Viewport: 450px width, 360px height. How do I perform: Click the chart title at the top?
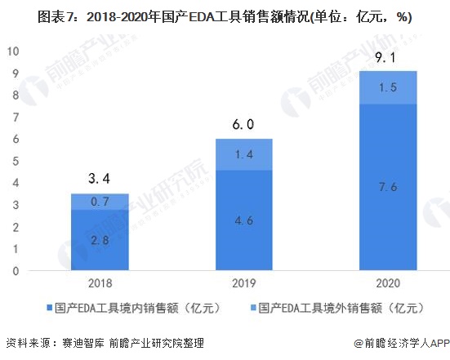click(x=225, y=17)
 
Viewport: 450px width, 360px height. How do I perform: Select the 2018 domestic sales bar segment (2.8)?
click(x=100, y=240)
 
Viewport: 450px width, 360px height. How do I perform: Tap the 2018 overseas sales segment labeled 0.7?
click(x=100, y=202)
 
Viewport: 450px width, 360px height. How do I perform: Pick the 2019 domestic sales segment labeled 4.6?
click(x=244, y=220)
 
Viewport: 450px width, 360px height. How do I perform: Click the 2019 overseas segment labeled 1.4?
click(x=244, y=154)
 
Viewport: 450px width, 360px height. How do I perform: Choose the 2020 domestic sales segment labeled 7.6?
click(x=388, y=187)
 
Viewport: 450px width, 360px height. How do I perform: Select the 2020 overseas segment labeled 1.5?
click(x=388, y=87)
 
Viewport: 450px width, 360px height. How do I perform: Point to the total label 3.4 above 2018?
click(x=100, y=179)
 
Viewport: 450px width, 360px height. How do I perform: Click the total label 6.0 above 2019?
click(x=243, y=124)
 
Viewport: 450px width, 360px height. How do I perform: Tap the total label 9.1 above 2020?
click(x=385, y=58)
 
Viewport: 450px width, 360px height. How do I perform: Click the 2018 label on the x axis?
click(x=100, y=283)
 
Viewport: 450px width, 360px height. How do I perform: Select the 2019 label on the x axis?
click(x=244, y=283)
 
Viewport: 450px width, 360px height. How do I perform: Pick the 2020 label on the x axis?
click(x=388, y=283)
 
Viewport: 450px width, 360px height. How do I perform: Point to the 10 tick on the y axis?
click(x=13, y=51)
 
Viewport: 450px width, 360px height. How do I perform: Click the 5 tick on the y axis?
click(x=16, y=161)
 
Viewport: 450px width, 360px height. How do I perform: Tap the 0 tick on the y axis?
click(x=16, y=271)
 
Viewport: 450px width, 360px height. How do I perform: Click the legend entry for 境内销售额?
click(x=134, y=308)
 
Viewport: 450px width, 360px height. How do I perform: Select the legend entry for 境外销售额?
click(x=337, y=308)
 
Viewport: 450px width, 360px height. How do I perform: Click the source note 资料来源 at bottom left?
click(x=105, y=343)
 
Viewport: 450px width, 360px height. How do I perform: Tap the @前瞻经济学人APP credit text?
click(x=402, y=343)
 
